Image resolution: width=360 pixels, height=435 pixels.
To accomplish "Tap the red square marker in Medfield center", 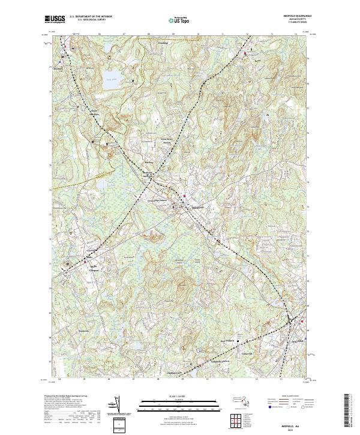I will (185, 196).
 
